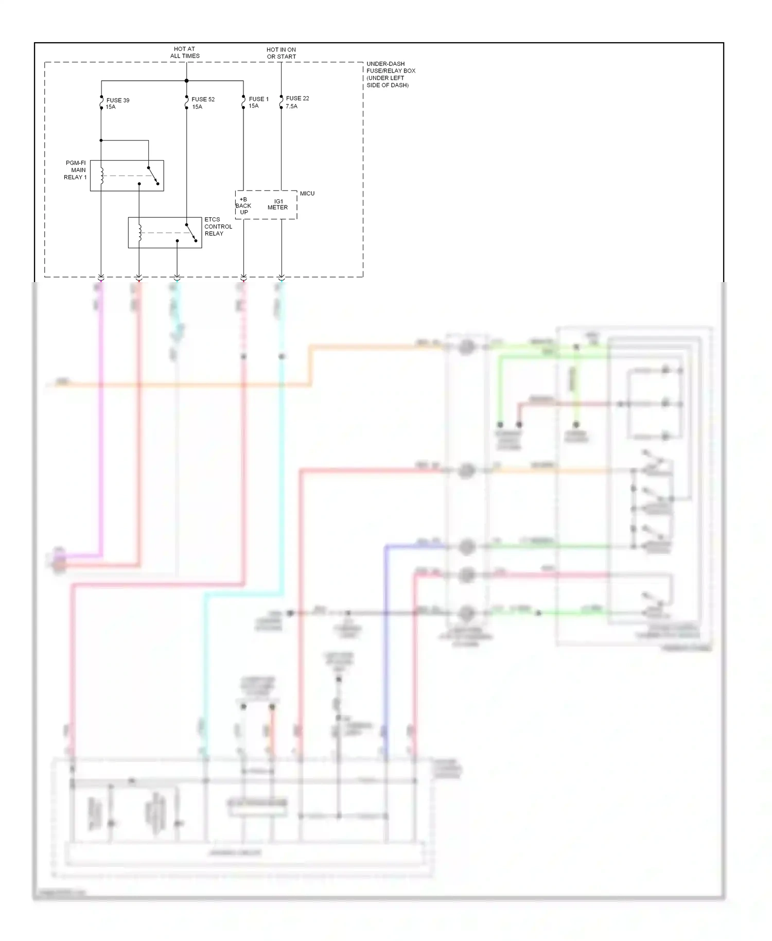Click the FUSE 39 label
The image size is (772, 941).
(117, 100)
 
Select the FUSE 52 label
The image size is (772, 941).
(203, 99)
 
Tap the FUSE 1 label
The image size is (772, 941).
(258, 99)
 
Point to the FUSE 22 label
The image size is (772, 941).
(297, 98)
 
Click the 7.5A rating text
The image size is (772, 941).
(291, 107)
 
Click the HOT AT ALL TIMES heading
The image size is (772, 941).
(185, 53)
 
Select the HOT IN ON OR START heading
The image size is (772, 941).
(281, 53)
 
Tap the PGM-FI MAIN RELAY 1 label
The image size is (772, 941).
(76, 170)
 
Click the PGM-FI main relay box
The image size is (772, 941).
(127, 176)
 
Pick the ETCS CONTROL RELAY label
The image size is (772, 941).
(218, 226)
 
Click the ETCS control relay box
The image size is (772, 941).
(165, 233)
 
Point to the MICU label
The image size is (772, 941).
(307, 194)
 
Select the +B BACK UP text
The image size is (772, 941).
(243, 206)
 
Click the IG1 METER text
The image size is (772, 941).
(278, 204)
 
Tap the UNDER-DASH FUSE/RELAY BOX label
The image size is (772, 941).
(391, 74)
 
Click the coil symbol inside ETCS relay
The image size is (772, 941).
(140, 233)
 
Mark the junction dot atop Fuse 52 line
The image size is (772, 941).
(186, 81)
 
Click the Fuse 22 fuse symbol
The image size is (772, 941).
(281, 102)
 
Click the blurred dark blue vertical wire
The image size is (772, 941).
(385, 643)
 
